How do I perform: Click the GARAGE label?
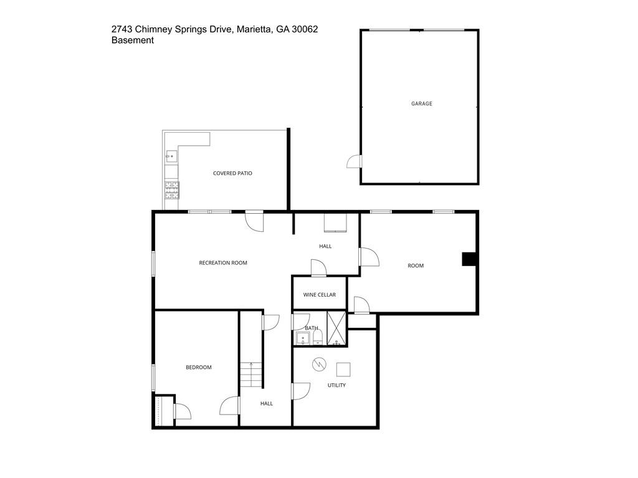click(x=421, y=103)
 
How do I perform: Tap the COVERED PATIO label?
click(x=232, y=173)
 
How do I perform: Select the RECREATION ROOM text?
click(x=223, y=263)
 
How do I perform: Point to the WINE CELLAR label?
click(x=320, y=295)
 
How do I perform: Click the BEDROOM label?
click(x=199, y=368)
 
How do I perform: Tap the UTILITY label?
click(x=336, y=385)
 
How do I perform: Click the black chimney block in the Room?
click(x=469, y=259)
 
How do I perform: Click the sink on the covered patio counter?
click(x=171, y=156)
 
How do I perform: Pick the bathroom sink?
click(x=303, y=338)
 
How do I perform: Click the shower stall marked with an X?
click(x=336, y=328)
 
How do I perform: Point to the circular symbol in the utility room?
click(x=318, y=363)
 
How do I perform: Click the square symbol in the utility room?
click(x=343, y=370)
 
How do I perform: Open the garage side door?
click(x=354, y=162)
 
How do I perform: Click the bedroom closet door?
click(x=183, y=411)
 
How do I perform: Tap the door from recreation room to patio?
click(x=254, y=221)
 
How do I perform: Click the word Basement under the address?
click(x=133, y=41)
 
